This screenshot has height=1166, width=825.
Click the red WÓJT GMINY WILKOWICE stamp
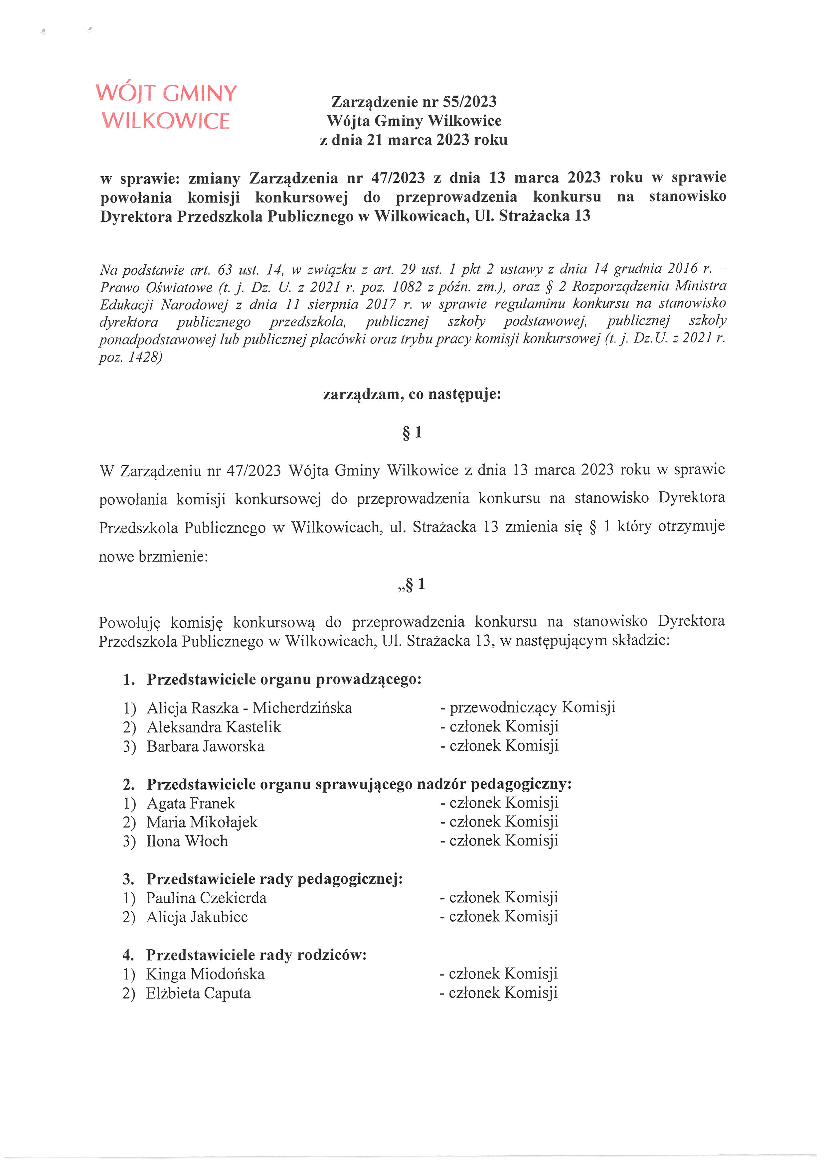tap(166, 107)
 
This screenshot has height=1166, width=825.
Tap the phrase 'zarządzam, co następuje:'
tap(412, 394)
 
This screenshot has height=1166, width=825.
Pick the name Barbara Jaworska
tap(205, 746)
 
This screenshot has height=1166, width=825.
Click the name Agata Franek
tap(191, 803)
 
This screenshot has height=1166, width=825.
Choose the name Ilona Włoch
tap(187, 841)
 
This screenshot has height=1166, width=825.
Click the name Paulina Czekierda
tap(206, 898)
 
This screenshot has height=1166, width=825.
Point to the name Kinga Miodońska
tap(205, 974)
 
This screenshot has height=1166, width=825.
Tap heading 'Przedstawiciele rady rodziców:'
tap(256, 955)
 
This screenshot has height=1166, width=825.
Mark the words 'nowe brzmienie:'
tap(153, 557)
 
